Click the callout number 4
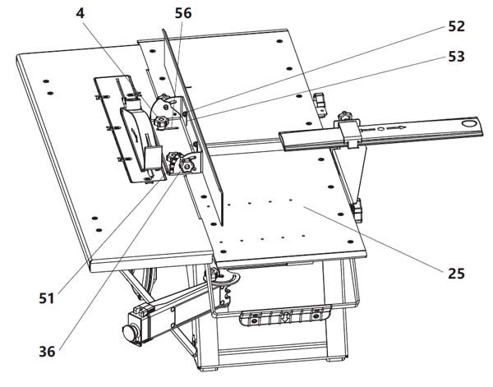pyautogui.click(x=81, y=13)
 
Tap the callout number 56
pyautogui.click(x=183, y=13)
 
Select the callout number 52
pyautogui.click(x=456, y=26)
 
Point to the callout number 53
pyautogui.click(x=456, y=57)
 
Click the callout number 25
pyautogui.click(x=456, y=274)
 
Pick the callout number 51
pyautogui.click(x=47, y=298)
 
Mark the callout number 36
pyautogui.click(x=47, y=351)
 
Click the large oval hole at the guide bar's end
pyautogui.click(x=469, y=123)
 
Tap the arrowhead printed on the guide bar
pyautogui.click(x=403, y=127)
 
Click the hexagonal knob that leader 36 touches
pyautogui.click(x=187, y=165)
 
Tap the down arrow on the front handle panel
pyautogui.click(x=284, y=316)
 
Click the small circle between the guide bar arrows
pyautogui.click(x=380, y=129)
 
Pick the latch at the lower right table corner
pyautogui.click(x=357, y=210)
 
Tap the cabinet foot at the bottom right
pyautogui.click(x=334, y=359)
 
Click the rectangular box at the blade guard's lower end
pyautogui.click(x=153, y=158)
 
